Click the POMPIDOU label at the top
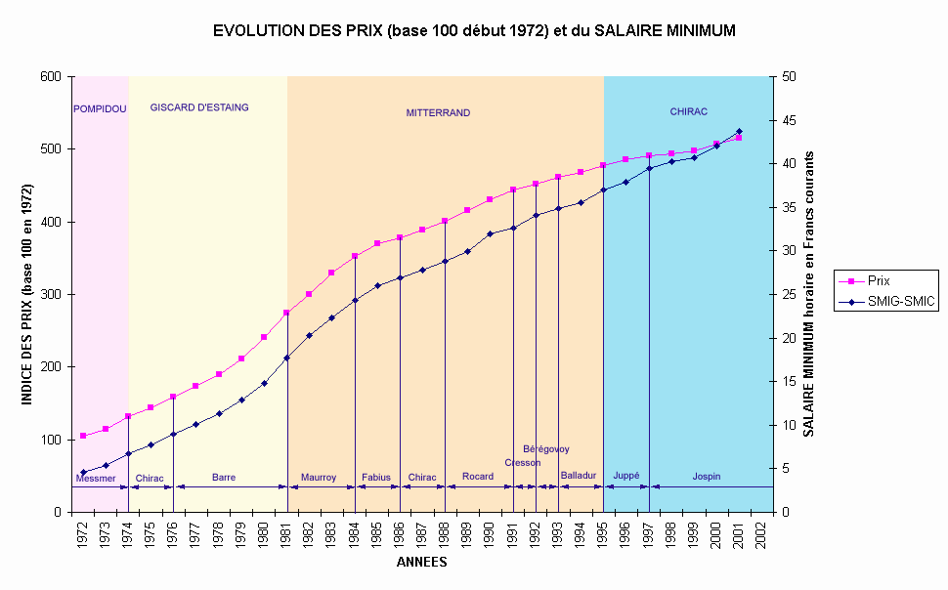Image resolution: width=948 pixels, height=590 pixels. [100, 108]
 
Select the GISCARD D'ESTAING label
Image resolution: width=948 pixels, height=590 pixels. [199, 107]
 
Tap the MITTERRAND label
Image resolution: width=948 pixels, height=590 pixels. [438, 113]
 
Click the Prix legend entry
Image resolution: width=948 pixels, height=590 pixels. [879, 280]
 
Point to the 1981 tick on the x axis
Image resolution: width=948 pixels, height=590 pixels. [286, 537]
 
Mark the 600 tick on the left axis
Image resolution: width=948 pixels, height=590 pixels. [54, 76]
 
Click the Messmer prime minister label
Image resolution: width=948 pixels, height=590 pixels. [96, 479]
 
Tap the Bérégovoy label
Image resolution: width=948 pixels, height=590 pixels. [546, 449]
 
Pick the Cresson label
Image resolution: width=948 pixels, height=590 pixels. [523, 463]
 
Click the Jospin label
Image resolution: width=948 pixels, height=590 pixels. [707, 477]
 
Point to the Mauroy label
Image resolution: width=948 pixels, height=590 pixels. [319, 478]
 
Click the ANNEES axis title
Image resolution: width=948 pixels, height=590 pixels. [422, 563]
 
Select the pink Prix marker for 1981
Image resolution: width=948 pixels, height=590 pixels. [286, 313]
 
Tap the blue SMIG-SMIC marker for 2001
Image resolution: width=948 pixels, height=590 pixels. [738, 131]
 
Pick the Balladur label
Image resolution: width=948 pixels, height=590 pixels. [579, 476]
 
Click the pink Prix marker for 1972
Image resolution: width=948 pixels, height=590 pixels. [83, 436]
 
